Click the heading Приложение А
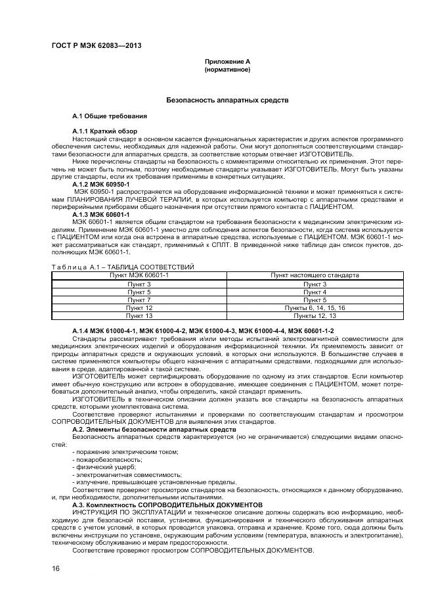[x=227, y=61]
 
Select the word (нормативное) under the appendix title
[x=227, y=69]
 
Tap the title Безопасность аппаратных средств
[x=227, y=101]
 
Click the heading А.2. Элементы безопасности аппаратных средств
[x=154, y=428]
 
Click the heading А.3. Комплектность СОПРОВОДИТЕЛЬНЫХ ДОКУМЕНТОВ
[x=167, y=504]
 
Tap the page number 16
[x=55, y=568]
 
